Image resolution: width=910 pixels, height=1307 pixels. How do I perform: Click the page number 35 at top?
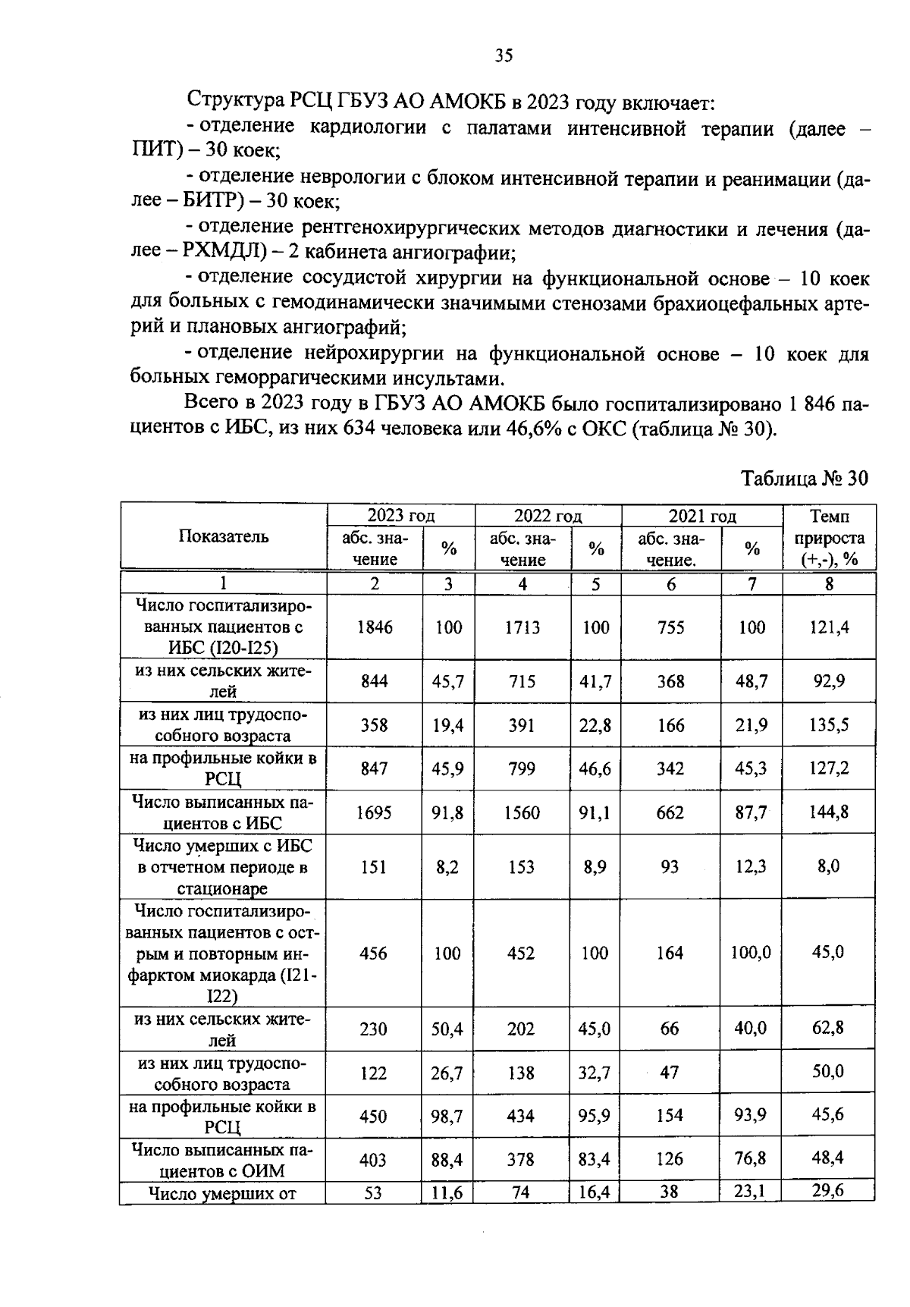point(504,55)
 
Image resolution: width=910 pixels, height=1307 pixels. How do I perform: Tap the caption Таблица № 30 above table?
point(803,479)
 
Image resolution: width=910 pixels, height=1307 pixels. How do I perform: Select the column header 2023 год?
point(400,516)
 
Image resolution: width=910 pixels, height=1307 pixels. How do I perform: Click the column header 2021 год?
point(701,516)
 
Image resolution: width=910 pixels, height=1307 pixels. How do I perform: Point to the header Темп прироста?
point(829,537)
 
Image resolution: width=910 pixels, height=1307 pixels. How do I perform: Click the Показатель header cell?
point(224,536)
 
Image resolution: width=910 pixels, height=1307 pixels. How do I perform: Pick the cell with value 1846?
point(375,627)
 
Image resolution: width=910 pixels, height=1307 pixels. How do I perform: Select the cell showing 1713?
point(522,627)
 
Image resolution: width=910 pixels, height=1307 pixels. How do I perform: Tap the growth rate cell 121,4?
point(829,627)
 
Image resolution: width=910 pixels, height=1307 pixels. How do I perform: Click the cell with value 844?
point(375,681)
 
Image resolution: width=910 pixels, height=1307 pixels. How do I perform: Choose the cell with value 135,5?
point(829,724)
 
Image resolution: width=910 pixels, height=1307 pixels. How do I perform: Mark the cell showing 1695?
point(375,812)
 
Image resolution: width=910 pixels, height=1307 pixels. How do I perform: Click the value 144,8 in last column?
point(829,812)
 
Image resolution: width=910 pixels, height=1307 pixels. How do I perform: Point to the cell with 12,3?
point(752,866)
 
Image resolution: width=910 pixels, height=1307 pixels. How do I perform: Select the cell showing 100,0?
point(751,952)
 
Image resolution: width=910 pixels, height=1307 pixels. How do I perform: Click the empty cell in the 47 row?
point(752,1072)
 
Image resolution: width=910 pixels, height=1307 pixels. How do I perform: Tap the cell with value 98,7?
point(447,1116)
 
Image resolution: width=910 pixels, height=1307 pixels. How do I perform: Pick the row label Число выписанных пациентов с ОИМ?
point(223,1160)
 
